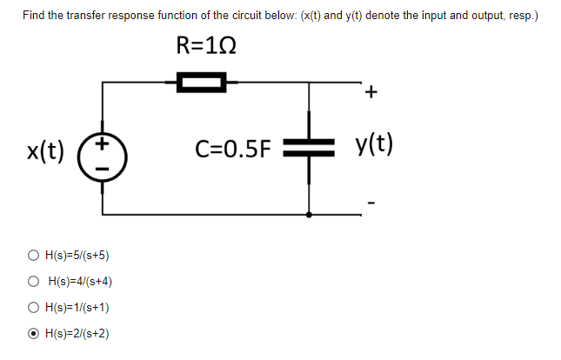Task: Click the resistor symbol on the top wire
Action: (x=201, y=83)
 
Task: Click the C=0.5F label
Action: (x=230, y=150)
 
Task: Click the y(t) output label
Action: (x=375, y=144)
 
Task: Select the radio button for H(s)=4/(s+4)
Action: (x=32, y=281)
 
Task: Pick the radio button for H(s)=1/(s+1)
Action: (x=32, y=307)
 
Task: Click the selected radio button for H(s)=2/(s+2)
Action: (x=32, y=333)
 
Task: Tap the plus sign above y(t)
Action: (x=373, y=90)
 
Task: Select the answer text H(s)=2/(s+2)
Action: (x=78, y=333)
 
